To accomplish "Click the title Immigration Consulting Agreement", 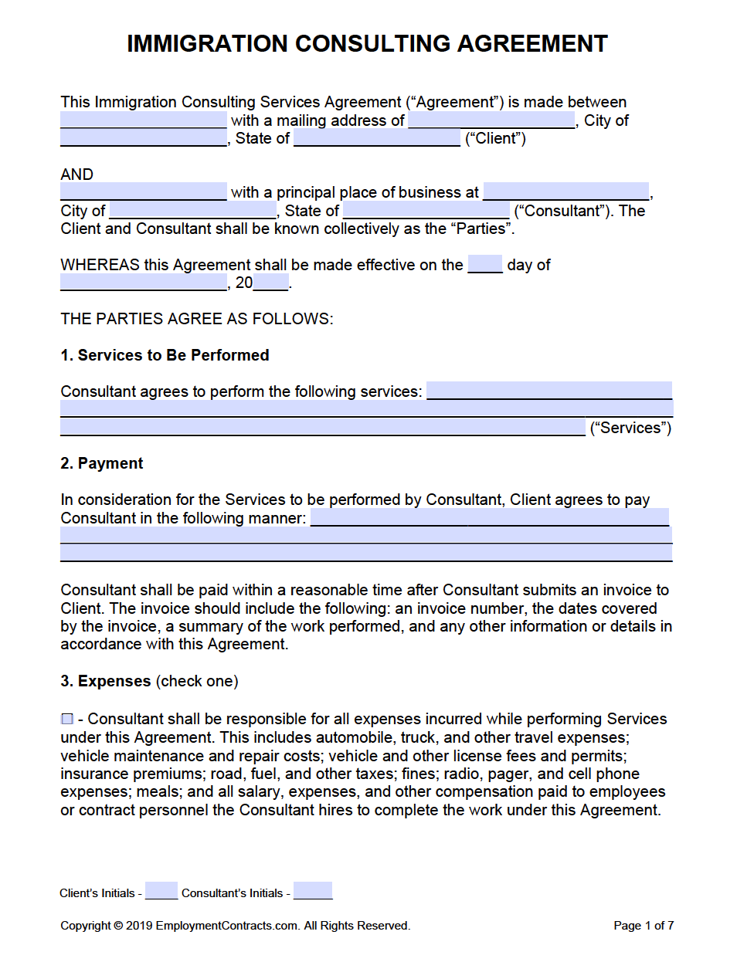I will pos(367,44).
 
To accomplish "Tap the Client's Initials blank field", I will pos(161,891).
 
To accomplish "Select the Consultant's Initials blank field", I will pos(313,891).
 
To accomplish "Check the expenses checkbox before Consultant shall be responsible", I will pos(67,719).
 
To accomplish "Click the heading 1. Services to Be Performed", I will pos(165,355).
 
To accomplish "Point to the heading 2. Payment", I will pos(102,463).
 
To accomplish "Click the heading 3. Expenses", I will pos(106,681).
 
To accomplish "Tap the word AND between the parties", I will pos(76,174).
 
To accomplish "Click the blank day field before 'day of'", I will pos(485,264).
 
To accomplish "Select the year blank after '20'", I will pos(270,283).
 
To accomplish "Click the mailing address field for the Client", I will pos(491,120).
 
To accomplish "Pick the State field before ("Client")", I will pos(377,138).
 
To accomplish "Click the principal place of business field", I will pos(565,191).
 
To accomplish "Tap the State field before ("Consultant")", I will pos(426,210).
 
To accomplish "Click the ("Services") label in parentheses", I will pos(630,428).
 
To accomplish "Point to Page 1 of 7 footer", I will pos(644,925).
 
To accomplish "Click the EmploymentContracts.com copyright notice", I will pos(235,925).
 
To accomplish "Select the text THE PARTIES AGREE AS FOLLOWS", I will pos(196,319).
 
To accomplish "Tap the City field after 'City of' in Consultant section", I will pos(193,210).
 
